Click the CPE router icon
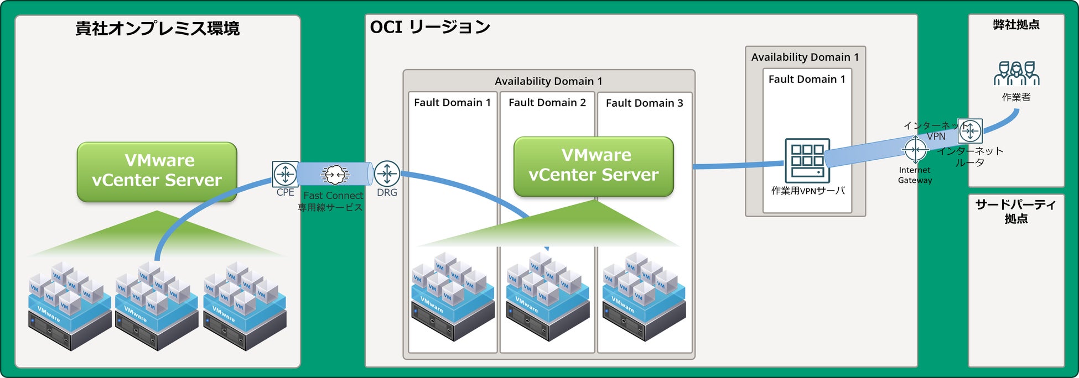coord(285,174)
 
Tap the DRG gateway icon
coord(387,174)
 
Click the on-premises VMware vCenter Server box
coord(157,171)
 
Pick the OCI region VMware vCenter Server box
coord(594,166)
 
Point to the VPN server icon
coord(807,160)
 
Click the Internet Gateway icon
coord(915,150)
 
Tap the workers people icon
coord(1016,73)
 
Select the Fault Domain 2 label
coord(547,103)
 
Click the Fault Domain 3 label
coord(644,103)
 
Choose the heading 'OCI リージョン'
coord(430,27)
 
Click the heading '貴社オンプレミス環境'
coord(158,29)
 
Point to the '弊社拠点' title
coord(1016,25)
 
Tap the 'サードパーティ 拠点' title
coord(1016,211)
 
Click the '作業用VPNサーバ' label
coord(808,191)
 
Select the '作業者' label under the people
coord(1016,97)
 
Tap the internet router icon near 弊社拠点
coord(970,131)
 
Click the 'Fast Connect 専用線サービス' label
coord(331,202)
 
